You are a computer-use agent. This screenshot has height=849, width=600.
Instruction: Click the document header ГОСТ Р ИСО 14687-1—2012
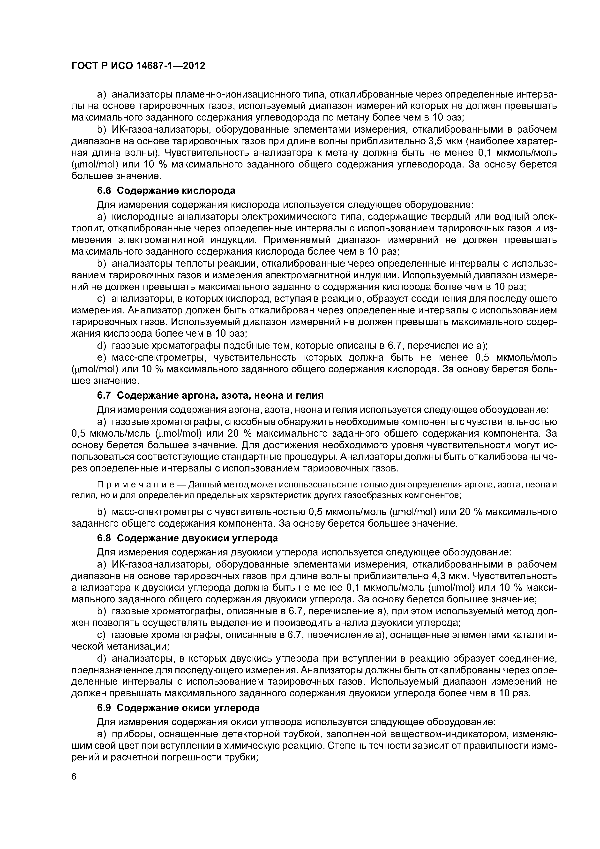[x=138, y=66]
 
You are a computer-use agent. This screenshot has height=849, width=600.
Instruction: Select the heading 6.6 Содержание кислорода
[x=166, y=190]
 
